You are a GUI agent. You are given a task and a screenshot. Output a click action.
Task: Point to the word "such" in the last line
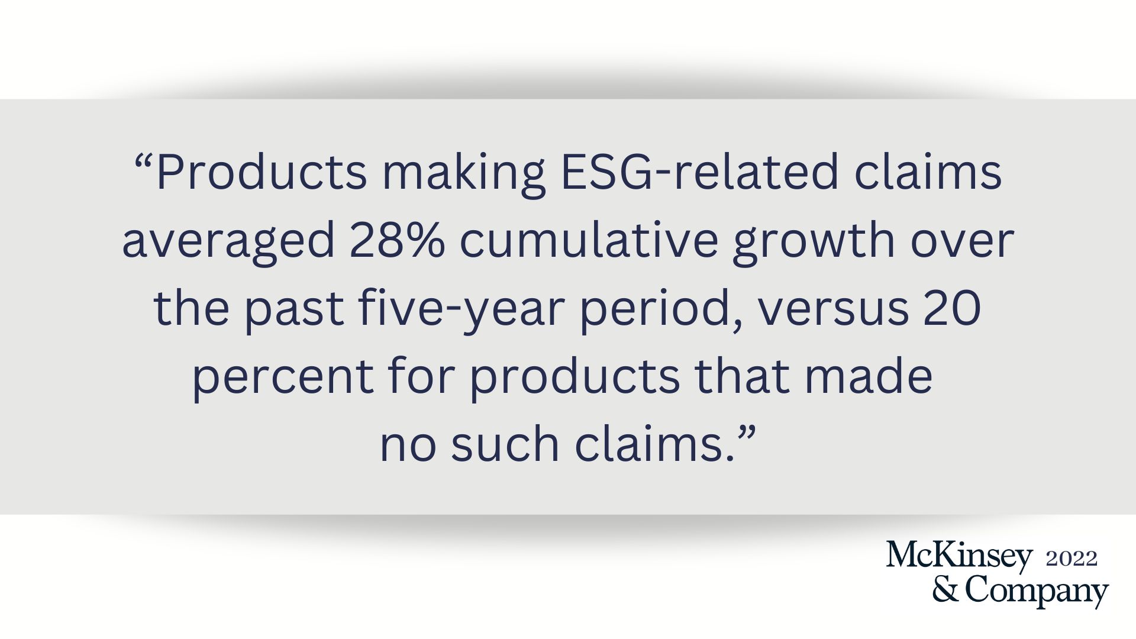505,444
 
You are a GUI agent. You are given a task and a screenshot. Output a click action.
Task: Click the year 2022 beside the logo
1072,559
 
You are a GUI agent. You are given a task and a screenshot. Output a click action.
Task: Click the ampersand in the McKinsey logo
946,589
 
